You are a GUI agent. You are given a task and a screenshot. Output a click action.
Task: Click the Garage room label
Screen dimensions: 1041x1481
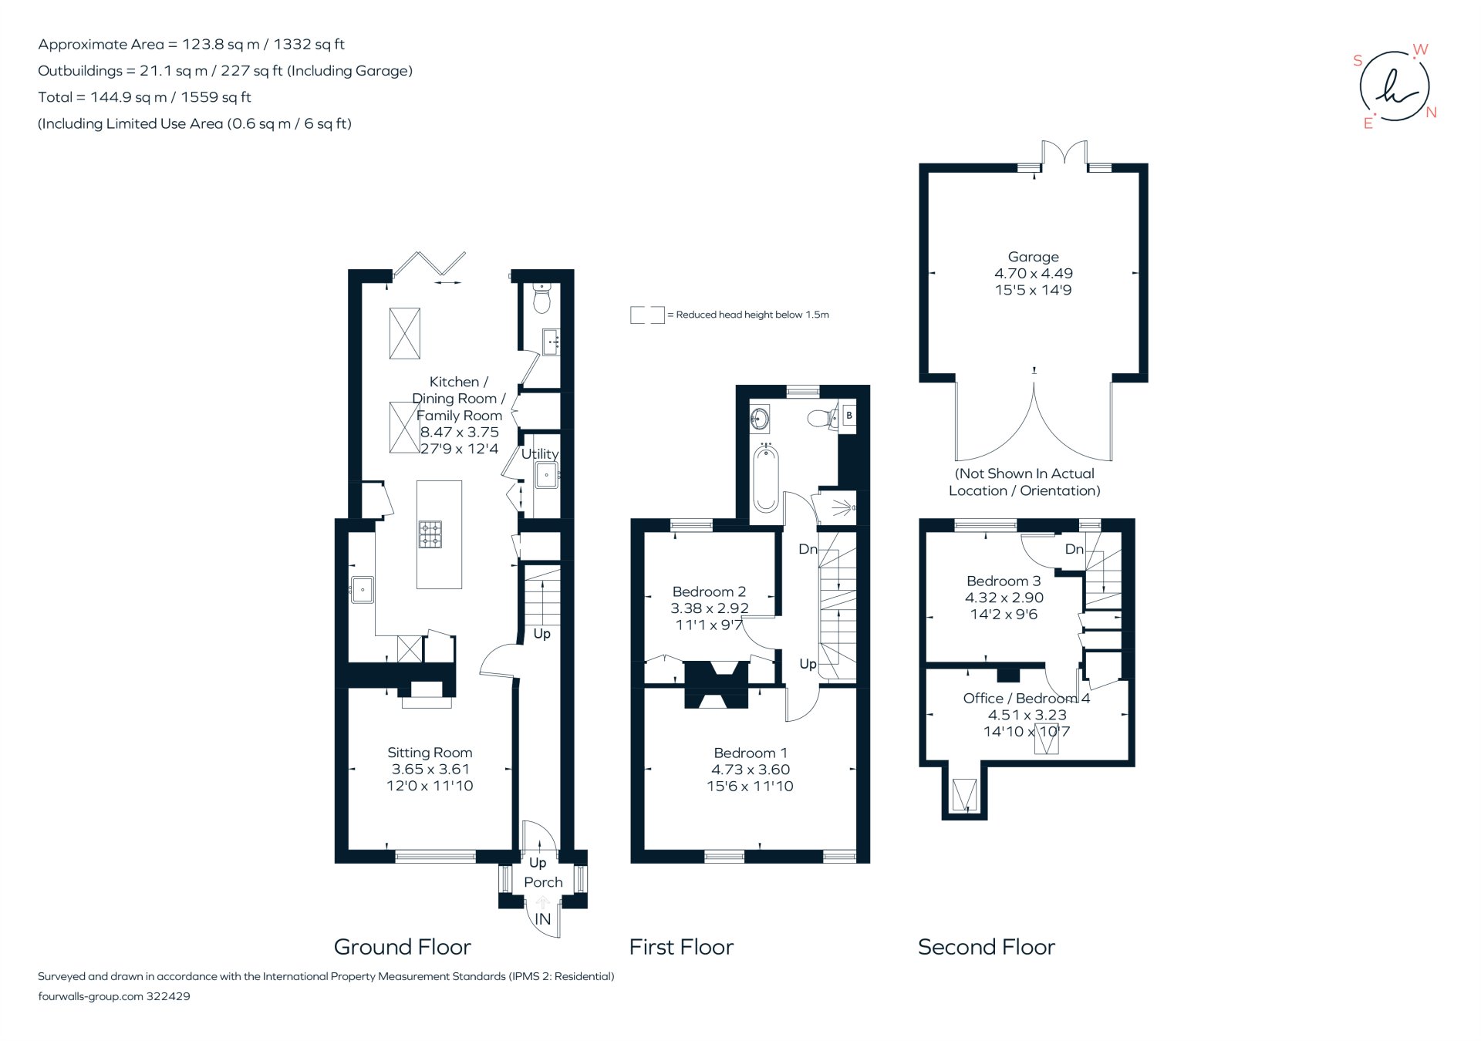point(1033,257)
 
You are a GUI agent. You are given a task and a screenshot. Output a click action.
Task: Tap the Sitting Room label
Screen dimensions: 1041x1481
point(430,753)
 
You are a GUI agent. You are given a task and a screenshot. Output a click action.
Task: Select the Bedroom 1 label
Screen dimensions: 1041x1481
point(750,753)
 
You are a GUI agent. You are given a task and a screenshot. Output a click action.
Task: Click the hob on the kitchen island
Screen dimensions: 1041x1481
point(430,534)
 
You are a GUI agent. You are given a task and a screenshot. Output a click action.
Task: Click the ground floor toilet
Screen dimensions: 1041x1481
point(542,299)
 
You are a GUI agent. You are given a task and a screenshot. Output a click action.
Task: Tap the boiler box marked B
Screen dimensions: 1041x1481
point(848,416)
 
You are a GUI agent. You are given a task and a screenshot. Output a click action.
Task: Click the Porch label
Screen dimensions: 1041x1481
point(543,882)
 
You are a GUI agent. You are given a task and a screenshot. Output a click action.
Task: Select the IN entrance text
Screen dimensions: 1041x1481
point(543,919)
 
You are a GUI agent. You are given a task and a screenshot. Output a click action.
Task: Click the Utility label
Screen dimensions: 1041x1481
point(539,454)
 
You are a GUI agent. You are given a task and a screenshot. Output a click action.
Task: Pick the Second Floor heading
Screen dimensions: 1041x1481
point(986,947)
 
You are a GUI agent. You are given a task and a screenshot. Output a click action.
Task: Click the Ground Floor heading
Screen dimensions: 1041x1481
point(402,947)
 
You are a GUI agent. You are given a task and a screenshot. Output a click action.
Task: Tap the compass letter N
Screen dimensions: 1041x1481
point(1431,113)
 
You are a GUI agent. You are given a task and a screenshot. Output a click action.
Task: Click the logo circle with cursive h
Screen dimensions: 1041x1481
point(1394,86)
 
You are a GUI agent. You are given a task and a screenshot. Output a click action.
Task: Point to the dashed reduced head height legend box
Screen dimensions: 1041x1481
point(646,315)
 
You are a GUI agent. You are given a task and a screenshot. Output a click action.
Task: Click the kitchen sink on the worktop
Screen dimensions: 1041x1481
point(362,590)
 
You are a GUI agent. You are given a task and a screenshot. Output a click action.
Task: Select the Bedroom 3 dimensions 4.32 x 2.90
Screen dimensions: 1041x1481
point(1004,598)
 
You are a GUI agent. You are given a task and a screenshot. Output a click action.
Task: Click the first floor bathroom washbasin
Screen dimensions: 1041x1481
point(760,419)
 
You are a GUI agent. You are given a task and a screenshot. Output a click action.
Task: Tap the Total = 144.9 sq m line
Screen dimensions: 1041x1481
point(144,97)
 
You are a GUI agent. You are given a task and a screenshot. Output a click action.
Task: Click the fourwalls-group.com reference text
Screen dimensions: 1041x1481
point(113,996)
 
